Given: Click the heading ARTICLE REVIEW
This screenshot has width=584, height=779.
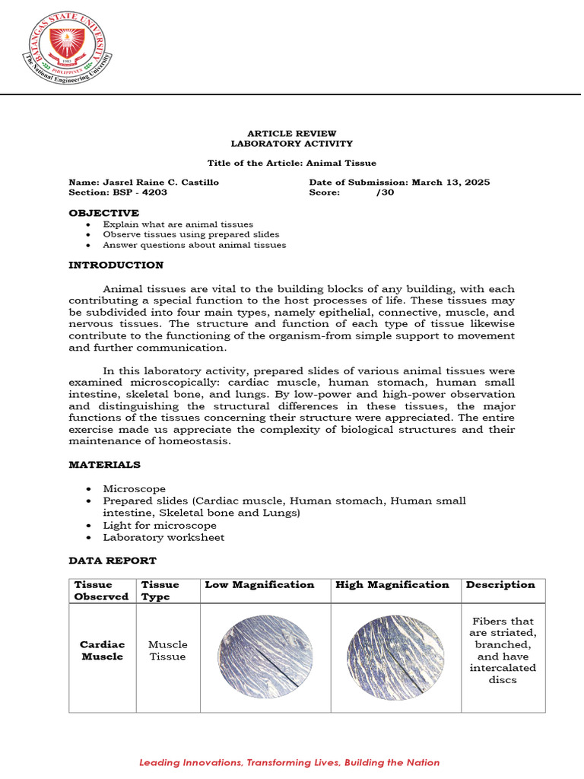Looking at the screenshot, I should click(292, 133).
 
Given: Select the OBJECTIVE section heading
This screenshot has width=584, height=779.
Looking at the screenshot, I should click(103, 213).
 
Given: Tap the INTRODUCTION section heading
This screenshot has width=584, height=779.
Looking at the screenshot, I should click(116, 265).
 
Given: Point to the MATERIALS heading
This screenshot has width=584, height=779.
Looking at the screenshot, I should click(104, 464).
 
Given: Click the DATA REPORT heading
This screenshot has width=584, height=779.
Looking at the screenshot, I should click(113, 560).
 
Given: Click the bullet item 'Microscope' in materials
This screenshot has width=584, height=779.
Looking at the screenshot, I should click(134, 488).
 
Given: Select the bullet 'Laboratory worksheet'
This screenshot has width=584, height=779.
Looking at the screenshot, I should click(163, 537).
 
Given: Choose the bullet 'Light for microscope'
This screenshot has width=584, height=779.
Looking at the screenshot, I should click(160, 525).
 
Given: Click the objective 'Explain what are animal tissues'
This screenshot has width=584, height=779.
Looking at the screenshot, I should click(178, 224).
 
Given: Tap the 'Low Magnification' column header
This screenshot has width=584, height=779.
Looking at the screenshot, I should click(259, 584).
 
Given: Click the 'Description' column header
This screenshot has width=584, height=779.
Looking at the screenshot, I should click(500, 584).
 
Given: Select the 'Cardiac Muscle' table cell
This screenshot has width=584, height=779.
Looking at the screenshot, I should click(102, 650).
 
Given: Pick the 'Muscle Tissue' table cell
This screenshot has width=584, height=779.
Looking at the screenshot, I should click(167, 650).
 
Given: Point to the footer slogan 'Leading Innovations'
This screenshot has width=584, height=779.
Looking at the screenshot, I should click(289, 762).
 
